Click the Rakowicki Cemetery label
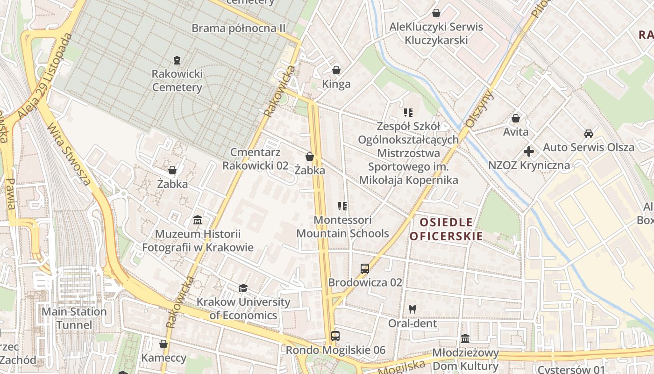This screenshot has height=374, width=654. coord(177,80)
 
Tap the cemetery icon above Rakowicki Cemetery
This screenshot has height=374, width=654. coord(177,60)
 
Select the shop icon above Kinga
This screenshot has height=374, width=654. coord(336,71)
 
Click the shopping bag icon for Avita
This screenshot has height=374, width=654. coord(516,118)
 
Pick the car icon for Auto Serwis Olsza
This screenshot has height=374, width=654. coord(589,134)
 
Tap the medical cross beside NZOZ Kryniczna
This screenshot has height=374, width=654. coord(529,151)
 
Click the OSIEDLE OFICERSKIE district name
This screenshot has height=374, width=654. coord(446,229)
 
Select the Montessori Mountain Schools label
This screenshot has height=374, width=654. coord(343,226)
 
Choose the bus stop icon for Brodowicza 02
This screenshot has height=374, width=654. coord(365,269)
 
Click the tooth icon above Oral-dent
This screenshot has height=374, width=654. coord(412,309)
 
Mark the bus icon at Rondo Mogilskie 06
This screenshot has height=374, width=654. coord(335,336)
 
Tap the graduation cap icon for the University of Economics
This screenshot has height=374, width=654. coord(243,288)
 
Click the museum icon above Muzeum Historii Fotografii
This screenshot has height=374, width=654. coord(198,220)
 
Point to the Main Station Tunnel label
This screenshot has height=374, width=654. coord(74,318)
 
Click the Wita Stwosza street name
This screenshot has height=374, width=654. coord(69,154)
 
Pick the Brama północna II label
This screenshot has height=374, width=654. coord(239,28)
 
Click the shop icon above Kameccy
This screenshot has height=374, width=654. coord(163,345)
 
